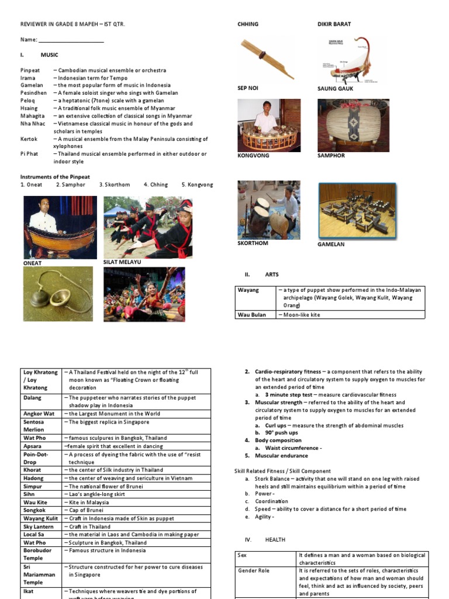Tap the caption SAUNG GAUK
pyautogui.click(x=334, y=88)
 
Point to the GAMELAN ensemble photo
pyautogui.click(x=357, y=211)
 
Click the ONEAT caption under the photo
pyautogui.click(x=33, y=263)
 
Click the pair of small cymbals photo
pyautogui.click(x=57, y=294)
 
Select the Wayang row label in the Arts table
pyautogui.click(x=248, y=290)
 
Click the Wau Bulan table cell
pyautogui.click(x=252, y=315)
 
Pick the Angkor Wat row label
pyautogui.click(x=39, y=414)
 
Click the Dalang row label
pyautogui.click(x=33, y=398)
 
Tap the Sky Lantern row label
pyautogui.click(x=39, y=526)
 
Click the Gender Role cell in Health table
pyautogui.click(x=253, y=570)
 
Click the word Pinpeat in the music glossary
pyautogui.click(x=30, y=70)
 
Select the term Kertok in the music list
pyautogui.click(x=29, y=139)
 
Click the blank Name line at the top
pyautogui.click(x=71, y=40)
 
